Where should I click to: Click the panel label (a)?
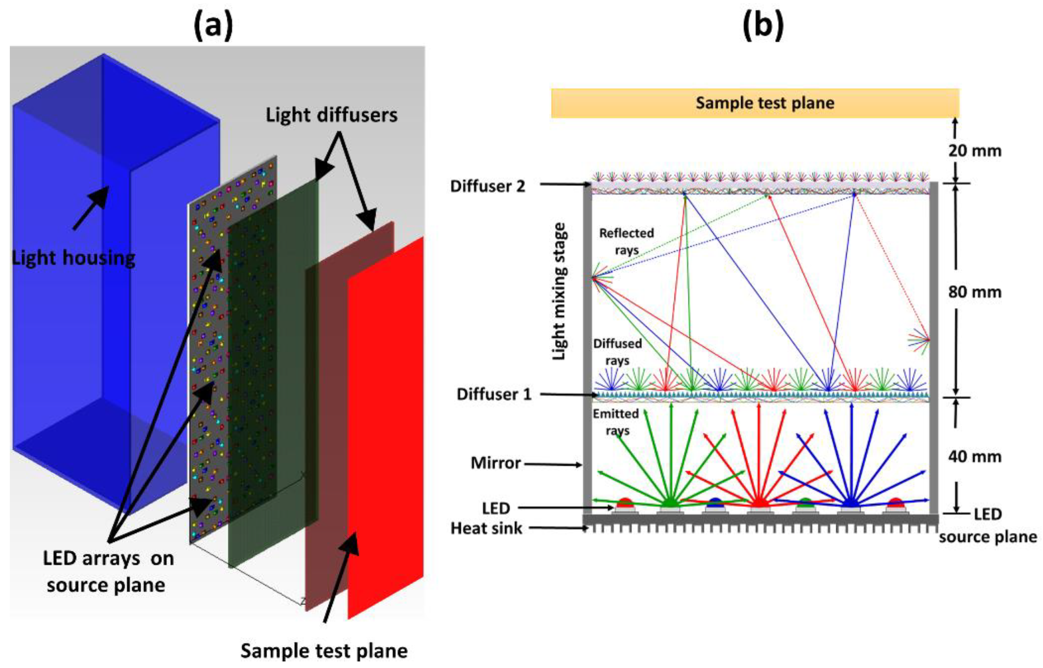[213, 26]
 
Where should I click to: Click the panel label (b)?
[763, 26]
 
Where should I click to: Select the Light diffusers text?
[332, 115]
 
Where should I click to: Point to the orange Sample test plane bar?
[755, 103]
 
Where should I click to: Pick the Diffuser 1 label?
[494, 395]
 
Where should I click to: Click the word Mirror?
[495, 463]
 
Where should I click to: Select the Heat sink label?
[486, 529]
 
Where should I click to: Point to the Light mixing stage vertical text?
[559, 291]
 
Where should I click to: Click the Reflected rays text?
[626, 242]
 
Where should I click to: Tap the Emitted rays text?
[616, 422]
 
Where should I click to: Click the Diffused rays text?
[617, 352]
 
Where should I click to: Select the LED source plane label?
[987, 526]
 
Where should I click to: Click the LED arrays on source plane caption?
[108, 572]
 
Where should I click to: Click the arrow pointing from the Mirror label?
[553, 465]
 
